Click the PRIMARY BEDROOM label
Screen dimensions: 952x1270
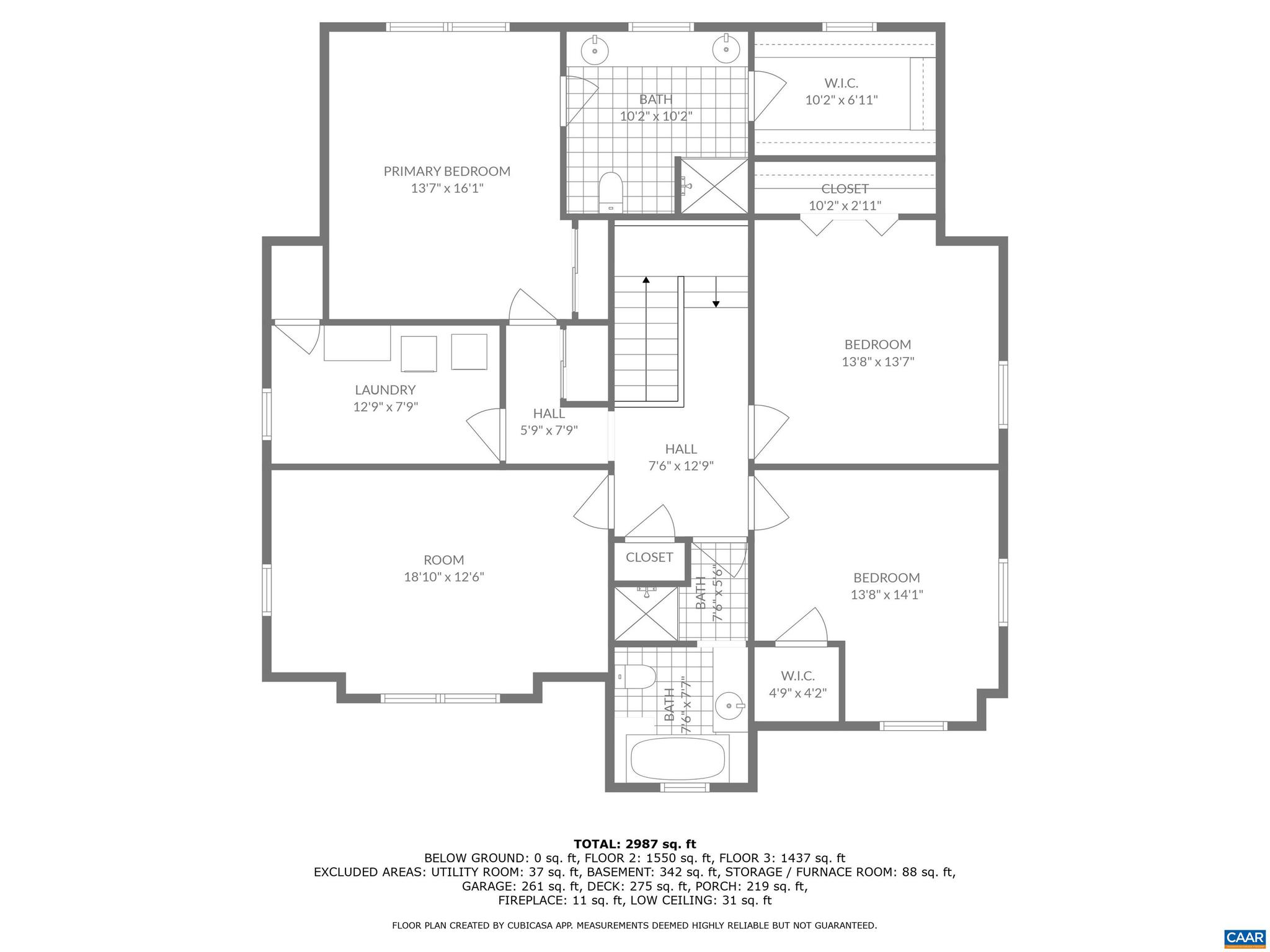point(446,172)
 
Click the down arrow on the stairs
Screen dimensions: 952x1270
point(716,302)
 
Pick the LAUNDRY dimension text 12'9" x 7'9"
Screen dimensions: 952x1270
point(386,407)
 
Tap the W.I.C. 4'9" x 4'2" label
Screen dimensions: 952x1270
point(797,684)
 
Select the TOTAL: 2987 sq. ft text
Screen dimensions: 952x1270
point(634,844)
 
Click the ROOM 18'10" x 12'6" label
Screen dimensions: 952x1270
point(444,568)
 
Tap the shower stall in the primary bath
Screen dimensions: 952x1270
point(714,186)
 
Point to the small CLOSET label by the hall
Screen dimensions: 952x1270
point(649,557)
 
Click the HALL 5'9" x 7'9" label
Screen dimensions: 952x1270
point(549,421)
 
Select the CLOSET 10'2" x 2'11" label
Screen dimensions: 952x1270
point(845,197)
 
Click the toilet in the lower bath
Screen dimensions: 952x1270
point(637,677)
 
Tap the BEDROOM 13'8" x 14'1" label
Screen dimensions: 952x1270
point(886,586)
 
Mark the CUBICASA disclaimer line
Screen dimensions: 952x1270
point(634,925)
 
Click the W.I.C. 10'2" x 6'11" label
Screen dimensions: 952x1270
point(841,91)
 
